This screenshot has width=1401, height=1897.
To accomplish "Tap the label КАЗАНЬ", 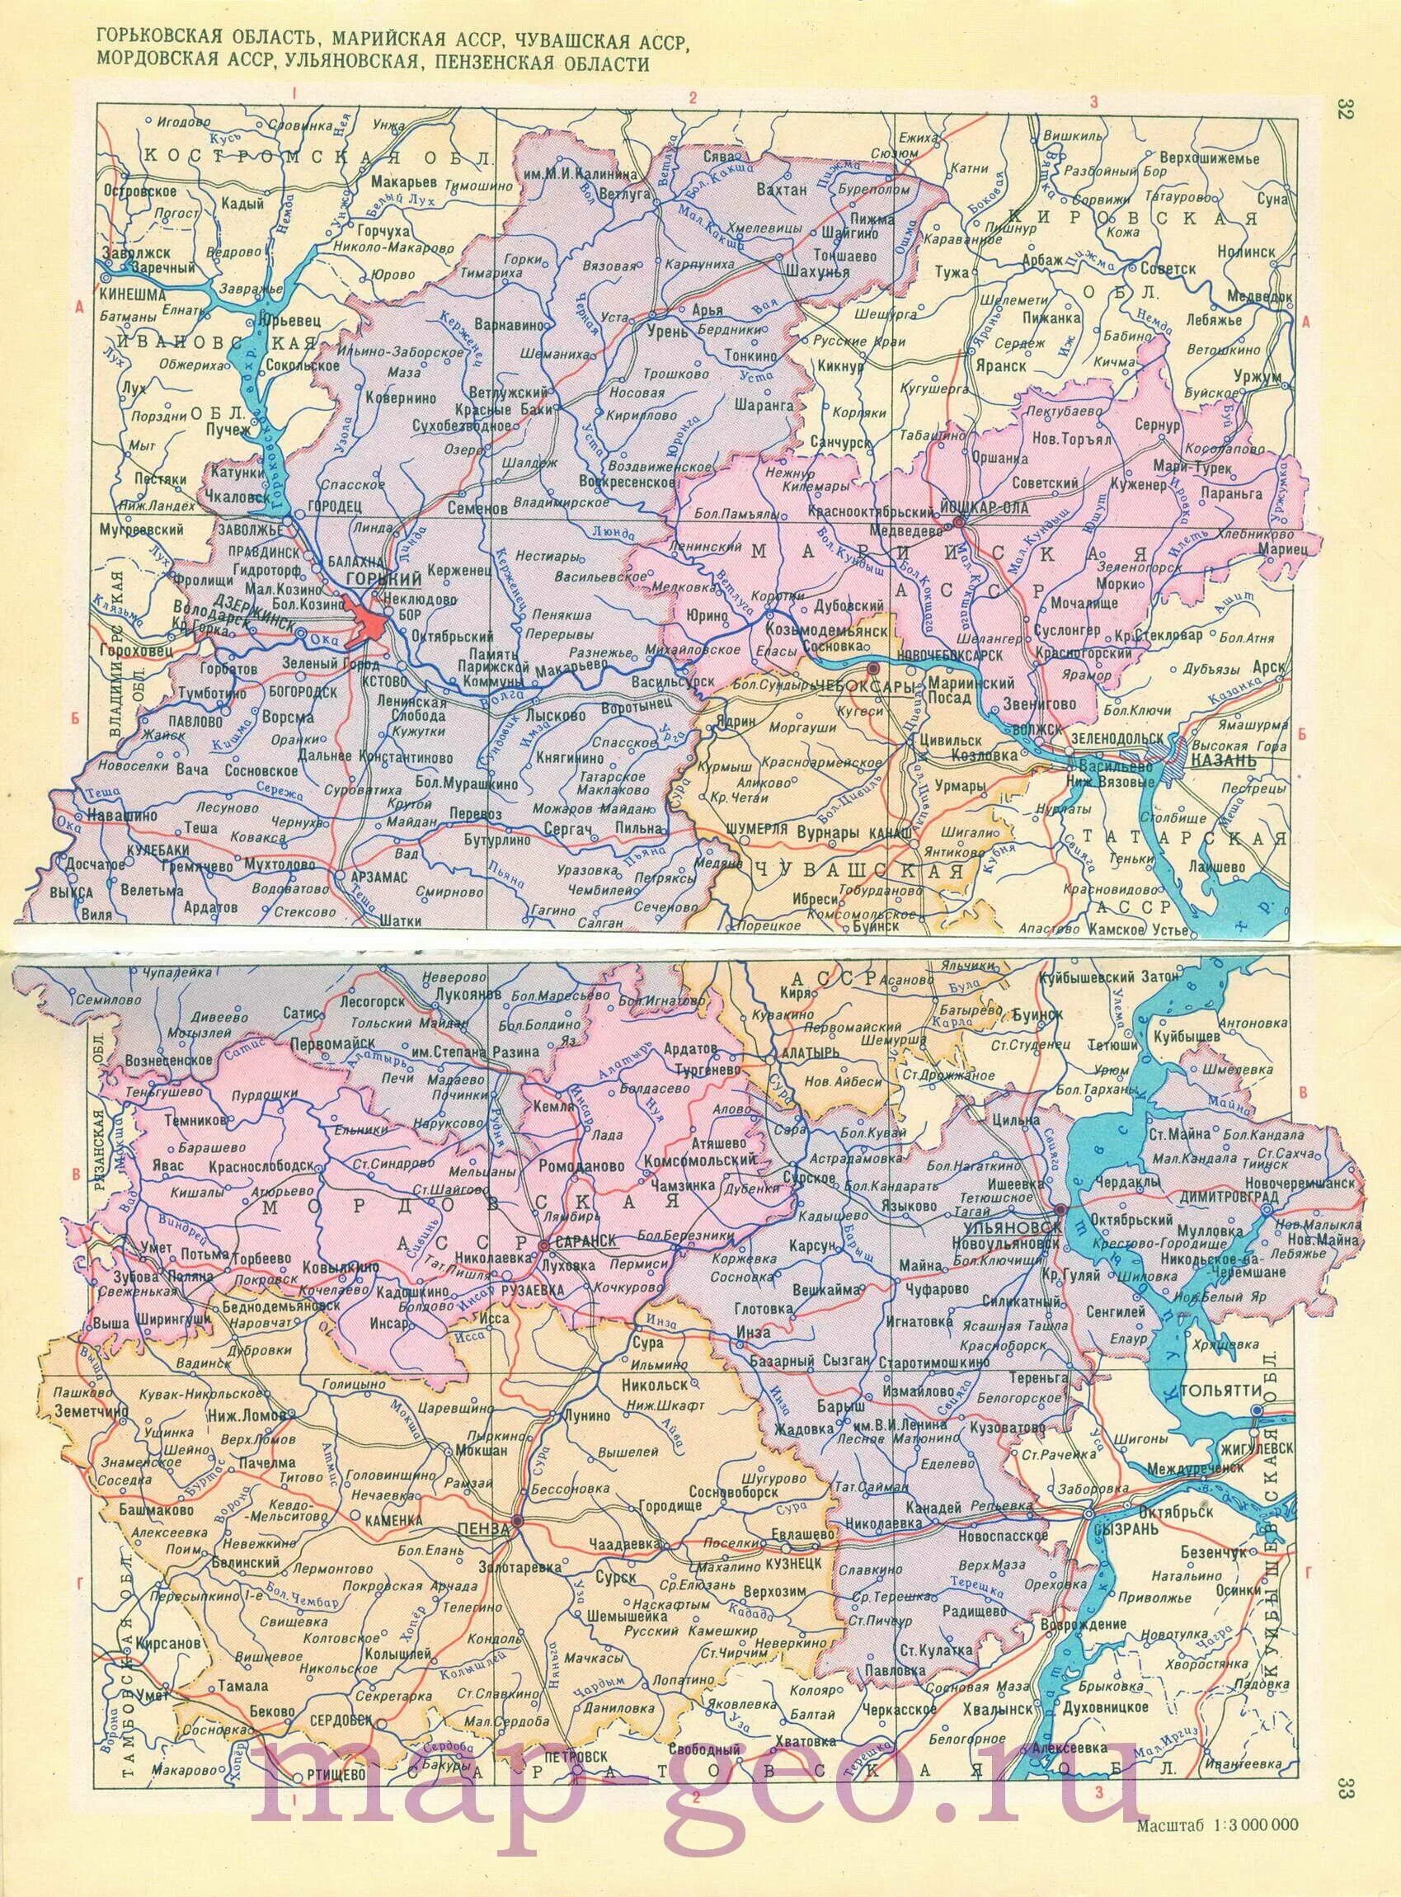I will click(x=1222, y=760).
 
